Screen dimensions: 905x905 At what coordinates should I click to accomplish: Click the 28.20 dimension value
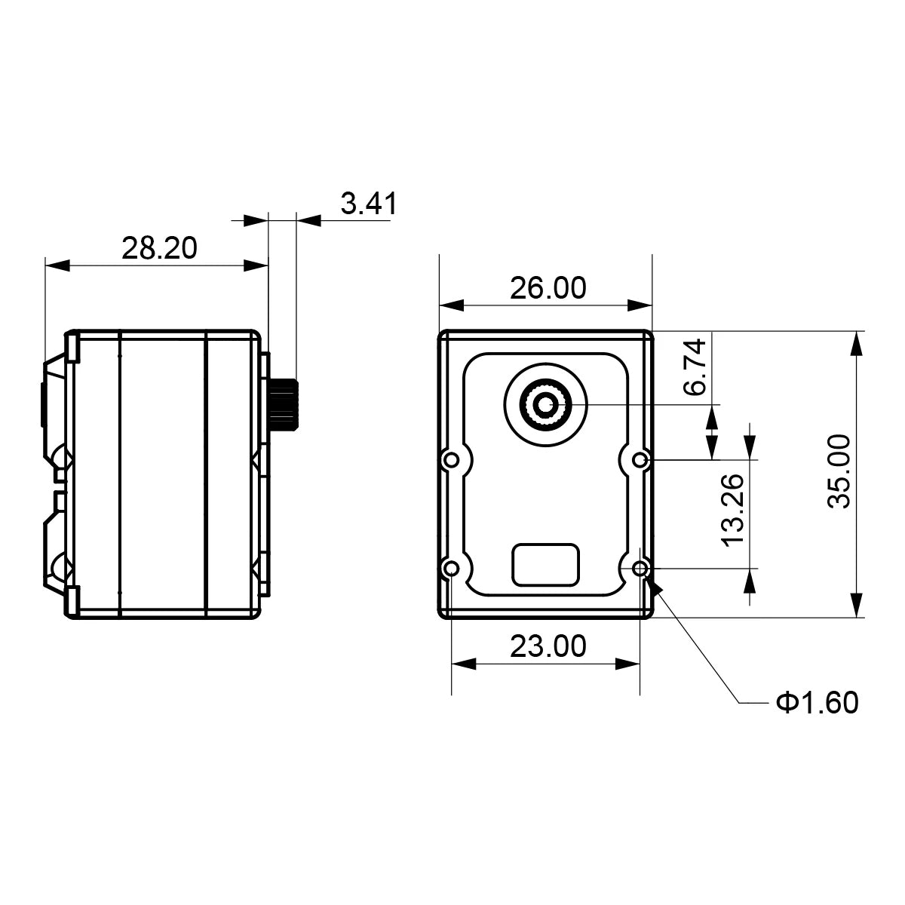coord(159,248)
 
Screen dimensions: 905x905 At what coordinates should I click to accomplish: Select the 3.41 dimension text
coord(369,204)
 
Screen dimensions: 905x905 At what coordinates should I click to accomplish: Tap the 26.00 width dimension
coord(548,288)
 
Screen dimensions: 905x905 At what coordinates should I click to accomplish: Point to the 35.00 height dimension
coord(839,471)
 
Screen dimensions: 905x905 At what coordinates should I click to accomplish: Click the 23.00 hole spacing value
coord(548,646)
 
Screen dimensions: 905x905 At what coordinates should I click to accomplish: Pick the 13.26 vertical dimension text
coord(732,511)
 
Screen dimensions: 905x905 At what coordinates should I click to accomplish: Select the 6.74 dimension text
coord(695,367)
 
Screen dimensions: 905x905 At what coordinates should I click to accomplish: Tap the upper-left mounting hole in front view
coord(451,460)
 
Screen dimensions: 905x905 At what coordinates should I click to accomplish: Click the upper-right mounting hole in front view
coord(640,460)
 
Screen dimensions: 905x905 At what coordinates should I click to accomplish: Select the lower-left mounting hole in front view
coord(451,569)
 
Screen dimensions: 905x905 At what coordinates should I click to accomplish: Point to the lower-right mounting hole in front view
coord(640,569)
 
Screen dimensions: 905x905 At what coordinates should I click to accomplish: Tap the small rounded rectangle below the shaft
coord(546,565)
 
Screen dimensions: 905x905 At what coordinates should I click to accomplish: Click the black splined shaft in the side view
coord(284,404)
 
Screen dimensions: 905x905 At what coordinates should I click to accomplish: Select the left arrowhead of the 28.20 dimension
coord(57,265)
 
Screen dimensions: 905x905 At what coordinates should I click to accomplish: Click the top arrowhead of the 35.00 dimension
coord(857,343)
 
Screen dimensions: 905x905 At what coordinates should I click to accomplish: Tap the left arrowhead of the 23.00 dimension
coord(464,664)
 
